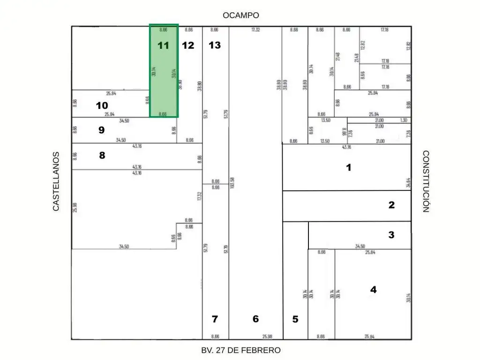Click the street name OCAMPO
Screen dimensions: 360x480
point(241,15)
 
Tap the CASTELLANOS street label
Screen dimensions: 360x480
point(56,181)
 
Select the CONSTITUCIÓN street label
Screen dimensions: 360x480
point(426,181)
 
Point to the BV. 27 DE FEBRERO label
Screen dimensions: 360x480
point(241,350)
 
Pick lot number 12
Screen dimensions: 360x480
point(188,45)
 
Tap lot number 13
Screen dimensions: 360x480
point(215,45)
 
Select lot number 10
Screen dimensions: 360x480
point(102,105)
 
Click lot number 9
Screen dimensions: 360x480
point(101,130)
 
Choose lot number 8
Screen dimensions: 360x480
point(102,156)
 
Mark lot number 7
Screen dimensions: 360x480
point(215,319)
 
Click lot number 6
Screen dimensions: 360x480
point(255,319)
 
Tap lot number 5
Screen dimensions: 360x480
point(295,319)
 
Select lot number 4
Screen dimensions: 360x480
point(373,290)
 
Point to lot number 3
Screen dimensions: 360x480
point(391,235)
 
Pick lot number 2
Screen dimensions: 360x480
point(391,205)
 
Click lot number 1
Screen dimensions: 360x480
point(348,167)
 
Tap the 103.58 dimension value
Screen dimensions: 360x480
point(232,183)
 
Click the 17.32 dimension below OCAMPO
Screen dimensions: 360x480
point(255,30)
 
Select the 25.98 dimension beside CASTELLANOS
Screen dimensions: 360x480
point(75,206)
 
